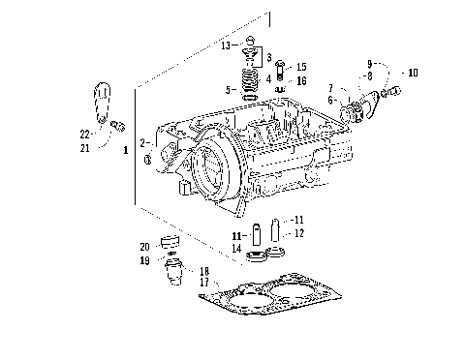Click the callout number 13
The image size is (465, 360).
pyautogui.click(x=225, y=45)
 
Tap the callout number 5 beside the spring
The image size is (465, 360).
pyautogui.click(x=229, y=90)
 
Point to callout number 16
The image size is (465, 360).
pyautogui.click(x=302, y=81)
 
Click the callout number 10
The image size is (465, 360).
pyautogui.click(x=414, y=73)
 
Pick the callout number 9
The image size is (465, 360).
pyautogui.click(x=369, y=65)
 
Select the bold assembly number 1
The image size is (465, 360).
pyautogui.click(x=125, y=152)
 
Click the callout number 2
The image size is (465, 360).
pyautogui.click(x=142, y=142)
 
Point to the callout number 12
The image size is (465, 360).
pyautogui.click(x=299, y=233)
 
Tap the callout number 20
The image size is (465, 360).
pyautogui.click(x=144, y=246)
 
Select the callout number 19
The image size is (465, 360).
pyautogui.click(x=144, y=260)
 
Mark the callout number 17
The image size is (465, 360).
pyautogui.click(x=204, y=283)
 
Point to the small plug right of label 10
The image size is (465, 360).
pyautogui.click(x=395, y=93)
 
